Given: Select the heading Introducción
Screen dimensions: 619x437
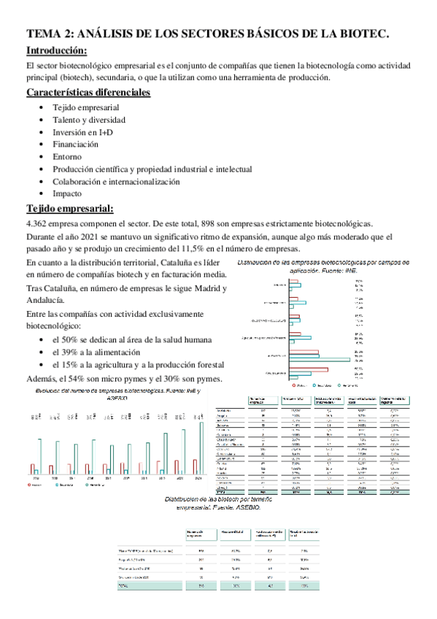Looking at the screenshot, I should click(x=56, y=50).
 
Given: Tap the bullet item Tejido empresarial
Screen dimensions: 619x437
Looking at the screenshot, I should click(x=86, y=107).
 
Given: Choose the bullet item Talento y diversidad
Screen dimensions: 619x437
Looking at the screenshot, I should click(x=89, y=120).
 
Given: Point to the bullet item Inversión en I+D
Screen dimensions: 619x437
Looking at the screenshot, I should click(x=84, y=132).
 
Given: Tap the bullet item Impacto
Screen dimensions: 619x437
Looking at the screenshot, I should click(x=68, y=194).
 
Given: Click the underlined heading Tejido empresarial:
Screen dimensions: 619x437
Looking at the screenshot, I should click(x=69, y=209).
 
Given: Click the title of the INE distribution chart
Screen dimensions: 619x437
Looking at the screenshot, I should click(x=323, y=266).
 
